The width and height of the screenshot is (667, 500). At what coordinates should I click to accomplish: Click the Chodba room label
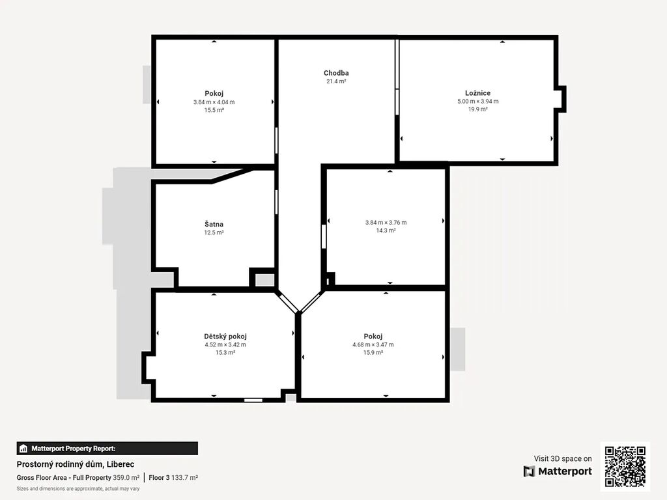pos(336,73)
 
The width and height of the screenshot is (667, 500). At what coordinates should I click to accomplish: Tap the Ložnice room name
pos(477,93)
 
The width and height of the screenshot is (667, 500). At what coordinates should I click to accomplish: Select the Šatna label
pos(214,224)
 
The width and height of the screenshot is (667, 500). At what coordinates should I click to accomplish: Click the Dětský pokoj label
pos(225,337)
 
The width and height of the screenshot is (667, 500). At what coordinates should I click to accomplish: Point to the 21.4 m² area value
pos(336,81)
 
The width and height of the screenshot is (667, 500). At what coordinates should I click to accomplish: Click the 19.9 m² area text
pos(477,109)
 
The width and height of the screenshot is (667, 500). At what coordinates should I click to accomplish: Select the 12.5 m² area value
pos(214,232)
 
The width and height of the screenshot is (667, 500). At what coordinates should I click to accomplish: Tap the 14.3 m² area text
pos(386,230)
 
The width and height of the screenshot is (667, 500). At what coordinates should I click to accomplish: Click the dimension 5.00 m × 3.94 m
pos(477,101)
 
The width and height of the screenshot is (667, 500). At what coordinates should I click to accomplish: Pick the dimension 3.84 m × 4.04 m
pos(214,102)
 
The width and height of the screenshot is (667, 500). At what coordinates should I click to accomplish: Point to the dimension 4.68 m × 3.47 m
pos(373,345)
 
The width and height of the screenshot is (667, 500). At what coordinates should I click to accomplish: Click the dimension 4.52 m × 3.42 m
pos(225,345)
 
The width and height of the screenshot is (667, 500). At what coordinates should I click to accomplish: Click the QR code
pos(625,466)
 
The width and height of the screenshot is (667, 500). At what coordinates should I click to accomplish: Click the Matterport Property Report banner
pos(107,449)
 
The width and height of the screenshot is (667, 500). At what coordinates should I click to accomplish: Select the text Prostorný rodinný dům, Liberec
pos(76,464)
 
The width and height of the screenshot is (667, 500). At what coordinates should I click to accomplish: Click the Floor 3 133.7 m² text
pos(173,477)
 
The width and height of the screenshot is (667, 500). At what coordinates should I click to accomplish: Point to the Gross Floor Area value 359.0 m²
pos(126,477)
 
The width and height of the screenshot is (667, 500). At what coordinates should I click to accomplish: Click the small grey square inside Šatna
pos(264,280)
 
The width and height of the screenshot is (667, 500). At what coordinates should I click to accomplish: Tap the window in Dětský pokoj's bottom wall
pos(253,400)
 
